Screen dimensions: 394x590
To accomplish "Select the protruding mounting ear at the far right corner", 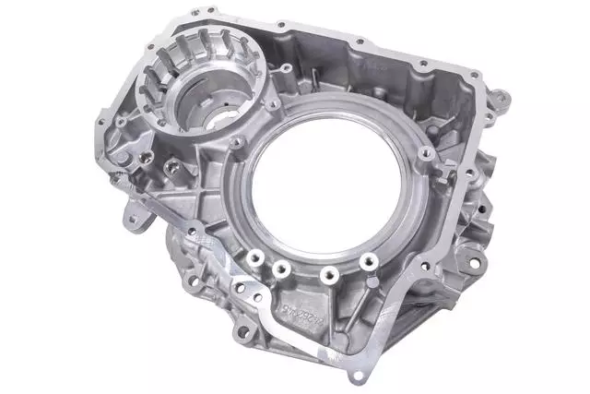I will [500, 95].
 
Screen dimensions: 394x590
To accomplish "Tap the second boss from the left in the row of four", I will [279, 270].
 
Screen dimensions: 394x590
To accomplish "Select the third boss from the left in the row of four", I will [327, 273].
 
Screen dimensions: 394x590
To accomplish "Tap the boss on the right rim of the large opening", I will [425, 153].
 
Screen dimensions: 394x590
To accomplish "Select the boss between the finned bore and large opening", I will [238, 143].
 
